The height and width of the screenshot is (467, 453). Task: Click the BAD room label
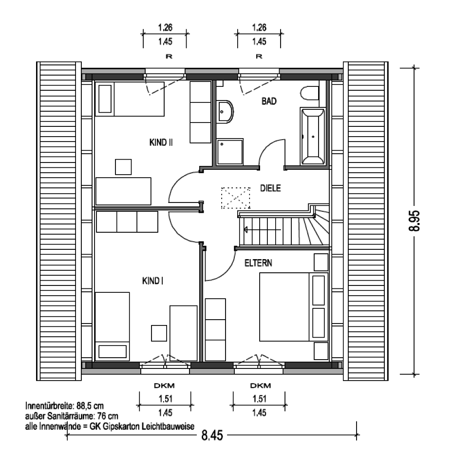coord(269,102)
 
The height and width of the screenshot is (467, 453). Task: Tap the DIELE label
coord(270,188)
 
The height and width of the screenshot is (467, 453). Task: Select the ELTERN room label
coord(258,263)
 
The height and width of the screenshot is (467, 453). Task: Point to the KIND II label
coord(161,142)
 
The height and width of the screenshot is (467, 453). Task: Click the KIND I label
coord(152,281)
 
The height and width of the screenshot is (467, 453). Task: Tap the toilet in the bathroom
coord(309,93)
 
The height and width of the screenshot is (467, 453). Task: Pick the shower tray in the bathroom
coord(230,152)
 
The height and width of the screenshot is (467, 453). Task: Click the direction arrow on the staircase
coord(262,230)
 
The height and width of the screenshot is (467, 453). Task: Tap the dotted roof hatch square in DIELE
coord(235,198)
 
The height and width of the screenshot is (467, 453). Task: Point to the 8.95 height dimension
coord(414,221)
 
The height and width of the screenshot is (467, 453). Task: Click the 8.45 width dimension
coord(212,435)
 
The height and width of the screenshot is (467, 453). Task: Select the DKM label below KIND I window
coord(164,386)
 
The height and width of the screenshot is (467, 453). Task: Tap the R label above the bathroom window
coord(259,56)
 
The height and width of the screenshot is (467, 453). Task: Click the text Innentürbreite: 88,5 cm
coord(64,406)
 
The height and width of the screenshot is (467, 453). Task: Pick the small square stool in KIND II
coord(123,167)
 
